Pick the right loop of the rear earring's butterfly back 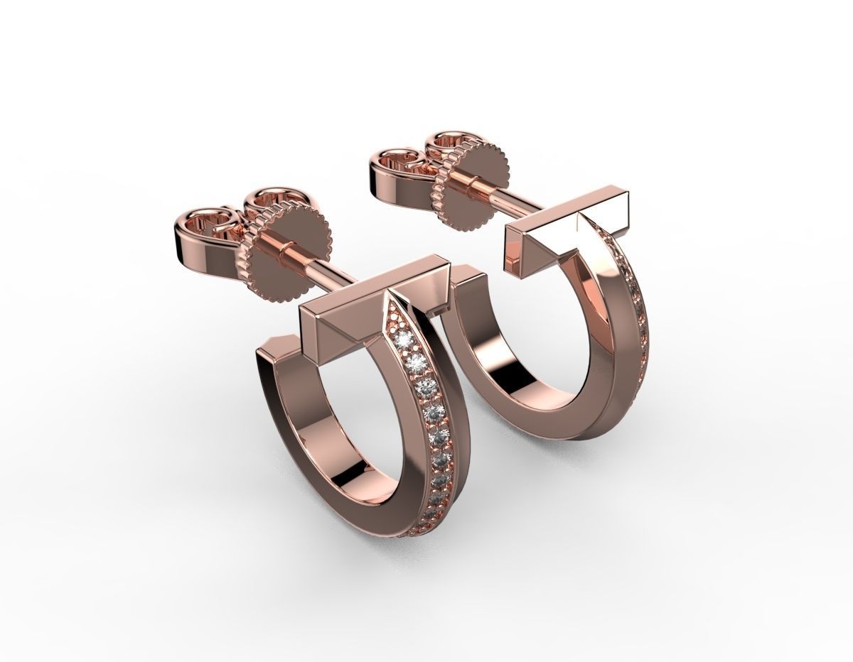tap(451, 142)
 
